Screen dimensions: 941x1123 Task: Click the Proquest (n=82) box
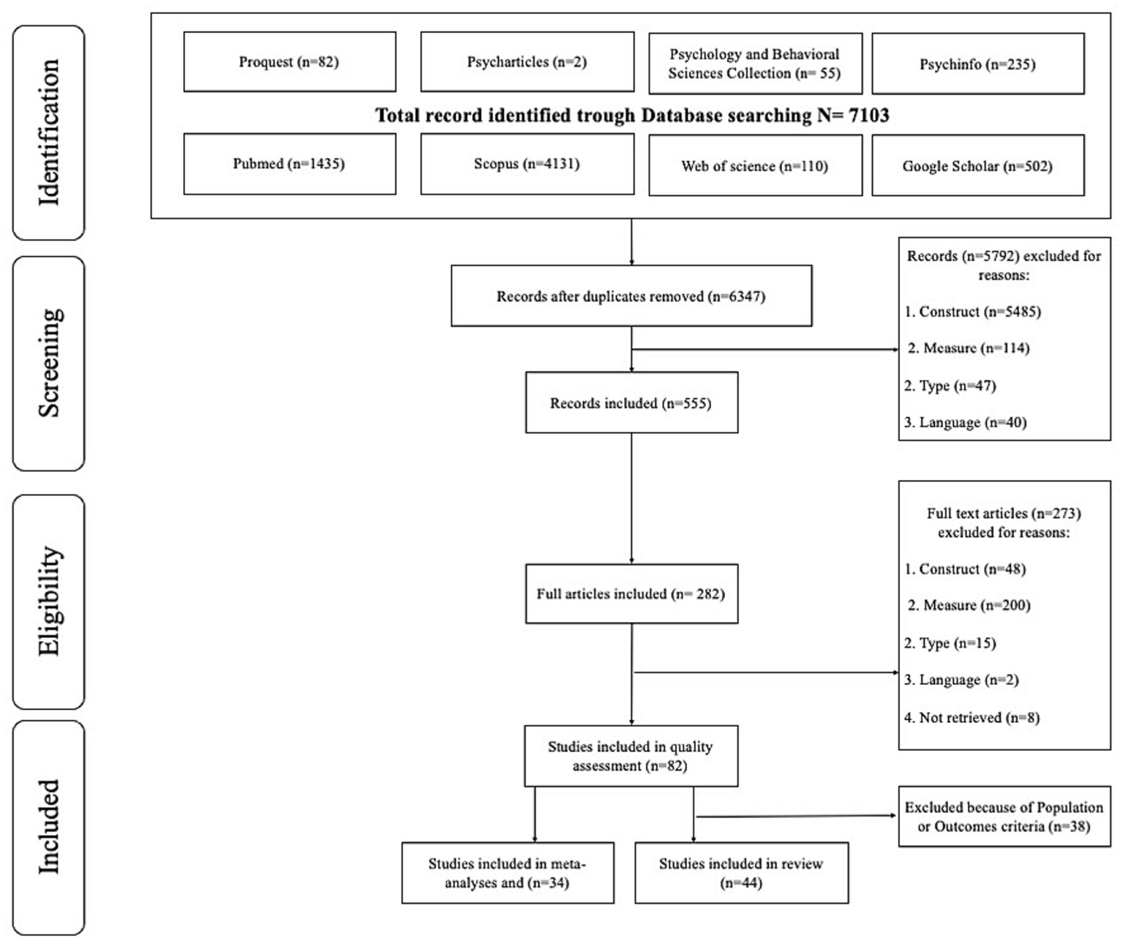pyautogui.click(x=289, y=62)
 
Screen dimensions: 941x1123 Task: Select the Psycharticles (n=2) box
pyautogui.click(x=527, y=62)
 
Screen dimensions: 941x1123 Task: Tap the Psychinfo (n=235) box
pyautogui.click(x=977, y=64)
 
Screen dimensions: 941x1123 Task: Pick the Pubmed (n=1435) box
pyautogui.click(x=289, y=164)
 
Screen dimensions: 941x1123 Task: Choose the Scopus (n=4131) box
pyautogui.click(x=527, y=164)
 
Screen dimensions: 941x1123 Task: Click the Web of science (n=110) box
pyautogui.click(x=755, y=166)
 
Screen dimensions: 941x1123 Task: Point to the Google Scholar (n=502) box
pyautogui.click(x=977, y=166)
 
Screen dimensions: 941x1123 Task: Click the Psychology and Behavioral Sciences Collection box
pyautogui.click(x=755, y=64)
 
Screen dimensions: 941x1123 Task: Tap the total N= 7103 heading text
pyautogui.click(x=632, y=116)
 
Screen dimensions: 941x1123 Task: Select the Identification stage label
pyautogui.click(x=49, y=132)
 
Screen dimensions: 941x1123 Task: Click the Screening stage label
pyautogui.click(x=49, y=363)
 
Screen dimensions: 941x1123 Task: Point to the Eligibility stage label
pyautogui.click(x=49, y=601)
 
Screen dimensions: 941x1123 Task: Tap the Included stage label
pyautogui.click(x=49, y=827)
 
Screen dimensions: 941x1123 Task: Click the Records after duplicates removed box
pyautogui.click(x=631, y=296)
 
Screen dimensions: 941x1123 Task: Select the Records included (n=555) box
pyautogui.click(x=631, y=403)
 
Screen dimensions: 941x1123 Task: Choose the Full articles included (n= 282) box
pyautogui.click(x=631, y=594)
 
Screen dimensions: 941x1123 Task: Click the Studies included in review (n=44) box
pyautogui.click(x=741, y=873)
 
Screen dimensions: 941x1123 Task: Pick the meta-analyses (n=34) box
pyautogui.click(x=507, y=873)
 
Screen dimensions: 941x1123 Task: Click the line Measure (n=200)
pyautogui.click(x=969, y=606)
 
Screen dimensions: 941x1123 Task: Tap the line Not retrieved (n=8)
pyautogui.click(x=972, y=718)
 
